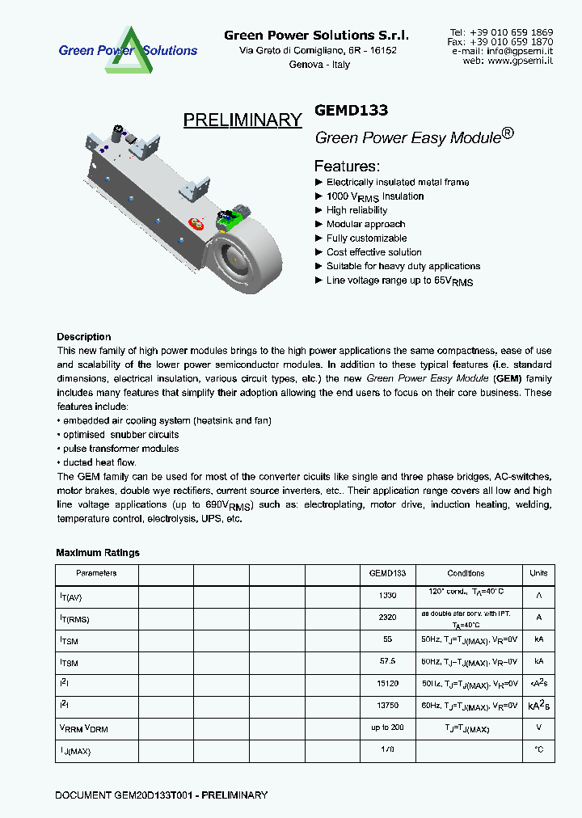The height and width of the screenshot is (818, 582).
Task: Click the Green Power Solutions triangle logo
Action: [x=128, y=49]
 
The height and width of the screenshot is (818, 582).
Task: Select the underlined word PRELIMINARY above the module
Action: [x=242, y=120]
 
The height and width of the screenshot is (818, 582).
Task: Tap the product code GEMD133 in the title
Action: [x=352, y=111]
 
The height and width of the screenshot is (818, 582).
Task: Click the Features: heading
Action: [x=347, y=166]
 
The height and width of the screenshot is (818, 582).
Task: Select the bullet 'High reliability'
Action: [x=356, y=210]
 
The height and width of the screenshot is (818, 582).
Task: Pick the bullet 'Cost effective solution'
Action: [x=373, y=252]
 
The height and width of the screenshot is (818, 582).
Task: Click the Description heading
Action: [x=84, y=337]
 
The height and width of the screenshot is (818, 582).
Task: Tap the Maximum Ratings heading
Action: [x=98, y=553]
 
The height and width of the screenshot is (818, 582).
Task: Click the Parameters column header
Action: [x=96, y=573]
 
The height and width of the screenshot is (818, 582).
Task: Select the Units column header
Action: [x=538, y=573]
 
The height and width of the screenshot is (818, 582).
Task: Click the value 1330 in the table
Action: [x=387, y=595]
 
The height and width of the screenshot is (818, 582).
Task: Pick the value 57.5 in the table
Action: [x=387, y=661]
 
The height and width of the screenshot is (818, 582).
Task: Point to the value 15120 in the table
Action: [x=387, y=683]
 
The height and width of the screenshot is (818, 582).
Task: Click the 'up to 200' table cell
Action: [x=387, y=727]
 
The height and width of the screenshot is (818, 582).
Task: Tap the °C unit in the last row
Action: [x=538, y=750]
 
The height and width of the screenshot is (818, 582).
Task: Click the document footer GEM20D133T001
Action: [x=161, y=795]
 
